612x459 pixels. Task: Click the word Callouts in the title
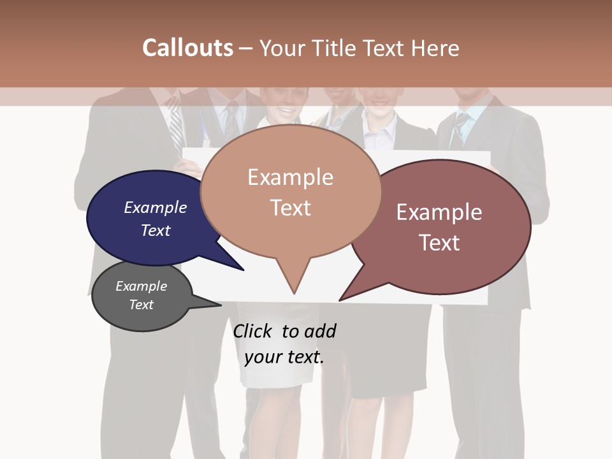[187, 48]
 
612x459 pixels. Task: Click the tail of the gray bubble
[210, 304]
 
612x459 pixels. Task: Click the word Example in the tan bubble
[290, 177]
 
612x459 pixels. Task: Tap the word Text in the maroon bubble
[439, 242]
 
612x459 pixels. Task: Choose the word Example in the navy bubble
[156, 208]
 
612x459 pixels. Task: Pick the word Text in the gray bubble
[142, 305]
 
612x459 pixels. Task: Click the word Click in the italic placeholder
[253, 331]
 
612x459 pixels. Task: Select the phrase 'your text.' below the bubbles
[284, 357]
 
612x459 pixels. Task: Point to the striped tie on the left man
[175, 127]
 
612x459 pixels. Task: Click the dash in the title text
[246, 48]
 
